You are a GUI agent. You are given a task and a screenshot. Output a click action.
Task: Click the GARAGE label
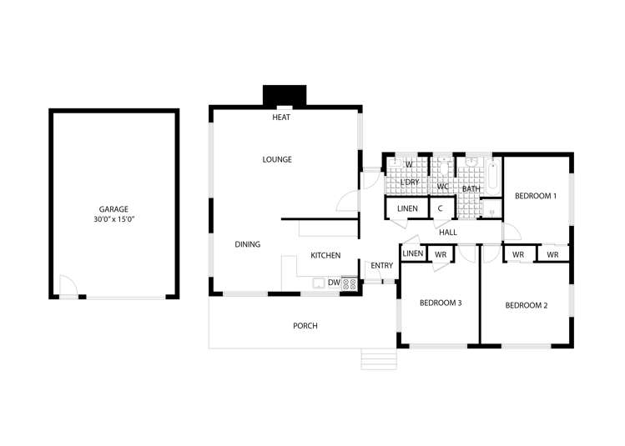[x=114, y=209]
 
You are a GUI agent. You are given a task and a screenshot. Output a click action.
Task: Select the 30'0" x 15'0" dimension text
[x=114, y=219]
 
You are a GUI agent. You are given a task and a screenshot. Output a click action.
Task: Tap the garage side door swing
[x=68, y=287]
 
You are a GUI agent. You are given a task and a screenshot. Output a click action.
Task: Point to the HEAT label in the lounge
[x=281, y=118]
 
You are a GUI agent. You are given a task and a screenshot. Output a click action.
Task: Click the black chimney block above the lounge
[x=285, y=96]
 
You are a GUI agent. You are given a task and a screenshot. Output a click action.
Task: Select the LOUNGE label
[x=277, y=159]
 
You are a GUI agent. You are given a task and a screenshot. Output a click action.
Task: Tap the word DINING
[x=247, y=244]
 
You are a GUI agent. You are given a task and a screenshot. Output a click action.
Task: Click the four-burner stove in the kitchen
[x=350, y=283]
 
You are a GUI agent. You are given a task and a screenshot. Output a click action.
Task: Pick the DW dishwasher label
[x=333, y=283]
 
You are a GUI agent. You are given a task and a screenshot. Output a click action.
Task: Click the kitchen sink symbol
[x=319, y=283]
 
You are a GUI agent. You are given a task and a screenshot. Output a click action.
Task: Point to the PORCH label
[x=305, y=326]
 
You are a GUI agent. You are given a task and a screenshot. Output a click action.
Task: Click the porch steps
[x=378, y=359]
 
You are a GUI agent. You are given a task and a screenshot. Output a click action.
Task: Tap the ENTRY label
[x=381, y=266]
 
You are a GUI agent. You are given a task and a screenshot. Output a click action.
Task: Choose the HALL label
[x=447, y=233]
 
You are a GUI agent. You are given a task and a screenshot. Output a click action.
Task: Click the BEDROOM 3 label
[x=440, y=303]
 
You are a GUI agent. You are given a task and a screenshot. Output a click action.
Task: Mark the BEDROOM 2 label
[x=526, y=305]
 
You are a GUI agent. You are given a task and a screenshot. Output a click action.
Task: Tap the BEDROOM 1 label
[x=535, y=196]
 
